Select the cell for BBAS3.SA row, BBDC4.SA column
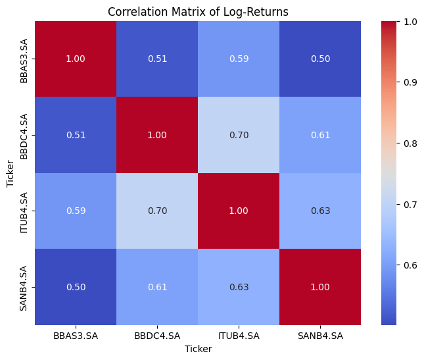click(157, 59)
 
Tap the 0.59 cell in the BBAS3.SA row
click(239, 59)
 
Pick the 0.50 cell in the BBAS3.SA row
click(320, 59)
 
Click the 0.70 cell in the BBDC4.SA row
click(239, 135)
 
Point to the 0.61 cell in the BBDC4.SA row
click(320, 135)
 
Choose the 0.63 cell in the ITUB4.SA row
click(320, 211)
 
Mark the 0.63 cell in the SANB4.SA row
click(239, 287)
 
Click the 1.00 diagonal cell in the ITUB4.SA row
click(239, 211)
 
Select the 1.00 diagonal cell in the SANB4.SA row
click(320, 287)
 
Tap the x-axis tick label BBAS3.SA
click(76, 336)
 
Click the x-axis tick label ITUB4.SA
click(239, 336)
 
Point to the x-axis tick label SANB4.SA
click(320, 336)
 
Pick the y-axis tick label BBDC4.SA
click(23, 135)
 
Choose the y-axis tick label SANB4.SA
click(23, 287)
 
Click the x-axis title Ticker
click(198, 349)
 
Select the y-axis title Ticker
click(9, 173)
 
